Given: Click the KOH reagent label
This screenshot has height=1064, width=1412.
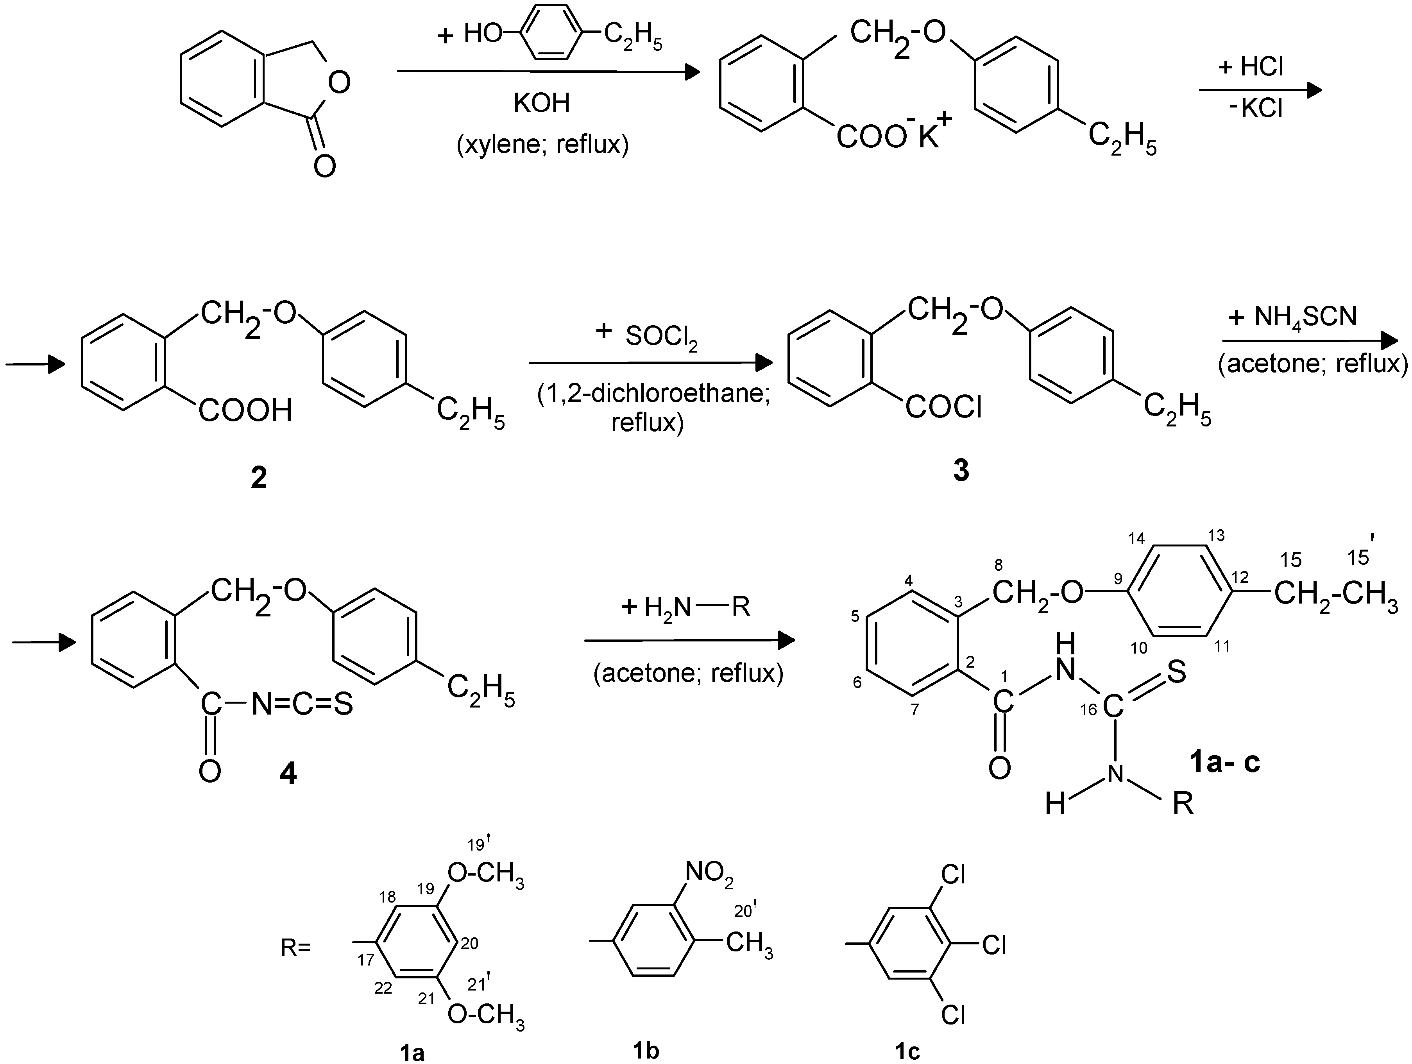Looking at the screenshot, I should click(x=541, y=103).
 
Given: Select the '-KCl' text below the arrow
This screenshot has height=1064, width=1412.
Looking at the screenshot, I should click(x=1255, y=109).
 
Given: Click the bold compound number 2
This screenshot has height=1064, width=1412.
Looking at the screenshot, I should click(x=259, y=478).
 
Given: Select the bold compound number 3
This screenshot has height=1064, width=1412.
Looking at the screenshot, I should click(x=961, y=471).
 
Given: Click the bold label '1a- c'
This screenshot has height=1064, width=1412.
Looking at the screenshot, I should click(x=1224, y=762).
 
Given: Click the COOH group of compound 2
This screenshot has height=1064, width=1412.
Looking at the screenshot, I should click(x=245, y=411).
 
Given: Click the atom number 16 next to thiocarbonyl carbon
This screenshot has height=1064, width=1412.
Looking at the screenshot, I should click(x=1090, y=710).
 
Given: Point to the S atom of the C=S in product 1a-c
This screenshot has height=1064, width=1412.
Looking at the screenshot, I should click(x=1176, y=672).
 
